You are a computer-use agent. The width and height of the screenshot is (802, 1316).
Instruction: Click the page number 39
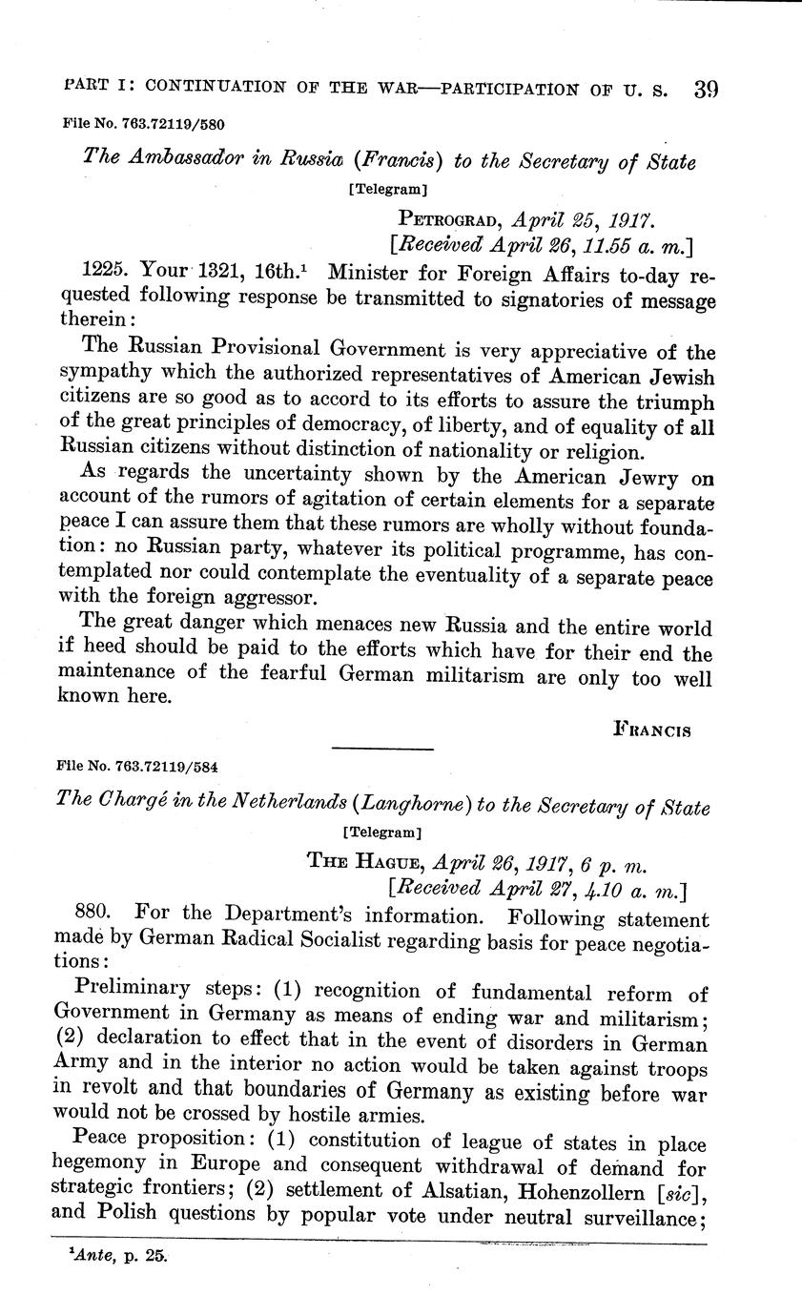click(x=706, y=90)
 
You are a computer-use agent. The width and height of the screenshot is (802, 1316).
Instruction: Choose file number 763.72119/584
click(x=144, y=765)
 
